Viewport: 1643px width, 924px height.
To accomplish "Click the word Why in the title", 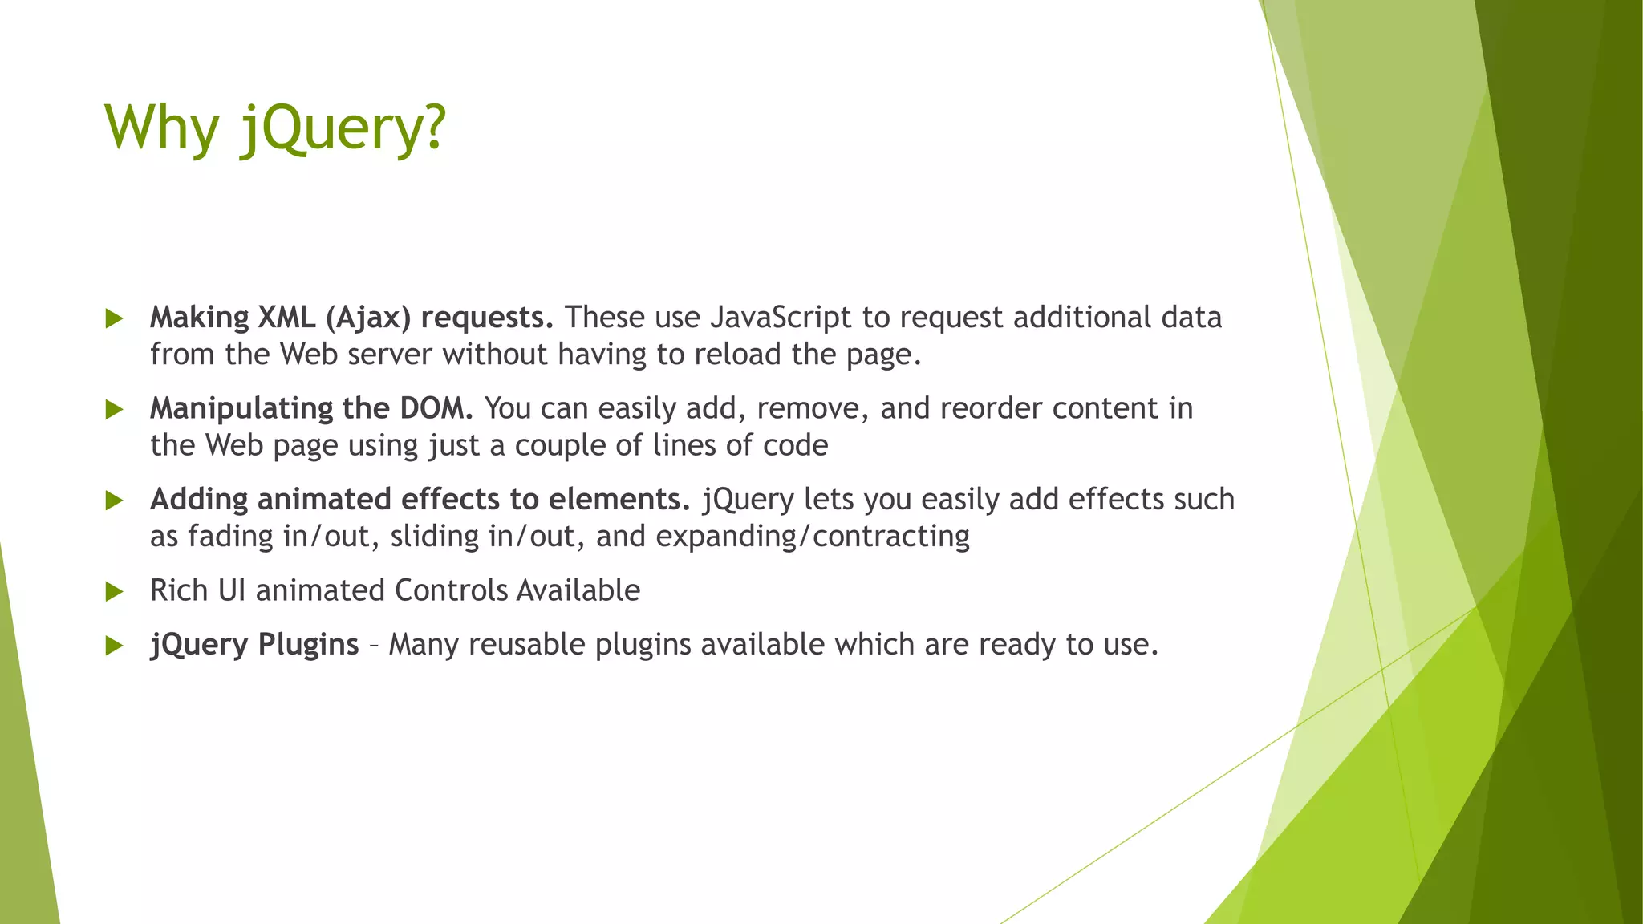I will tap(161, 128).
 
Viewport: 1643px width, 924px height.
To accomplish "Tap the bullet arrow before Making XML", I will tap(114, 319).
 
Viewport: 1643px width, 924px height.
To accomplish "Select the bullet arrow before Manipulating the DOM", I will tap(114, 410).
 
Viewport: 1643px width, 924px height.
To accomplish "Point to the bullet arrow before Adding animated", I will tap(114, 501).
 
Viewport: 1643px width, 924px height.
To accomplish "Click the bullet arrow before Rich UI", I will tap(114, 592).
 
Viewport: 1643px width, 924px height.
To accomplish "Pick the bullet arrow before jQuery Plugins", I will tap(114, 646).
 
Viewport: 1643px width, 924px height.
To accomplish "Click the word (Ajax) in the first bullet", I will tap(368, 318).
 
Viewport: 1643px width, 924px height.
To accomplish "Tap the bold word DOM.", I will tap(436, 408).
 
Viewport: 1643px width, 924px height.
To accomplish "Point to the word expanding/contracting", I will tap(813, 536).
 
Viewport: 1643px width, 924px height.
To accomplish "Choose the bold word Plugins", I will tap(308, 645).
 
